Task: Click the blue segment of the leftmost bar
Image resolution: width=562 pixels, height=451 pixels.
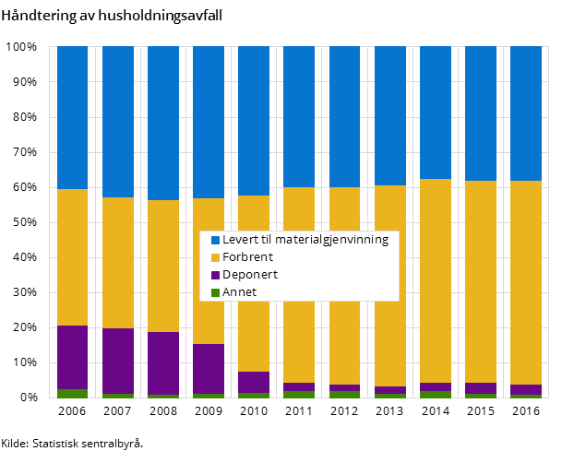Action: pyautogui.click(x=72, y=117)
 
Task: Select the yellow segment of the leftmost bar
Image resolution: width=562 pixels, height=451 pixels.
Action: pyautogui.click(x=72, y=256)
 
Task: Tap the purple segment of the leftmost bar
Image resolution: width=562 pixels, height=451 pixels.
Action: pyautogui.click(x=72, y=357)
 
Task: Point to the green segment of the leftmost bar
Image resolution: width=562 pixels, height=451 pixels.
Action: pyautogui.click(x=72, y=393)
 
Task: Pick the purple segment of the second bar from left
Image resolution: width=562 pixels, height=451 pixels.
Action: pyautogui.click(x=117, y=361)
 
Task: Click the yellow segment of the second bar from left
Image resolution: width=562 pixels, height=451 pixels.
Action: pyautogui.click(x=117, y=263)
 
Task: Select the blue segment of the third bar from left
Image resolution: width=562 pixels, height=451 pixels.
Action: pyautogui.click(x=162, y=123)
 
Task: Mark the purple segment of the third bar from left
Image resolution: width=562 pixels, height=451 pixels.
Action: pyautogui.click(x=162, y=362)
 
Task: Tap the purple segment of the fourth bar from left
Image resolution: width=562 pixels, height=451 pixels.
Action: pyautogui.click(x=208, y=368)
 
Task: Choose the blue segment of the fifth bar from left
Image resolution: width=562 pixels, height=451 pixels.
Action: pyautogui.click(x=253, y=120)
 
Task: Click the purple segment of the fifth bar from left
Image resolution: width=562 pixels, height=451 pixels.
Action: pyautogui.click(x=253, y=382)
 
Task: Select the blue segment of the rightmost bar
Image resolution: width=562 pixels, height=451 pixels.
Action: pyautogui.click(x=525, y=113)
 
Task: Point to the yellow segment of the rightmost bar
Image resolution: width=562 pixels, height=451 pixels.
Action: pyautogui.click(x=525, y=282)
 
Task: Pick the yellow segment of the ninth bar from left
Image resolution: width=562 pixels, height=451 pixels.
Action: pyautogui.click(x=435, y=280)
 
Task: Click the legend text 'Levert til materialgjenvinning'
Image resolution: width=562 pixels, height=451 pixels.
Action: pyautogui.click(x=305, y=240)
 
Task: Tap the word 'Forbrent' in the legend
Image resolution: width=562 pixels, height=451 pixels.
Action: pyautogui.click(x=247, y=257)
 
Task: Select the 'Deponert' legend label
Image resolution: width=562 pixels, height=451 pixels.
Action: pyautogui.click(x=249, y=275)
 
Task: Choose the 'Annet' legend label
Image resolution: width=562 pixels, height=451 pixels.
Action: pyautogui.click(x=240, y=292)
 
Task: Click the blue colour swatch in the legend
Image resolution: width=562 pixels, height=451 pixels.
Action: pyautogui.click(x=215, y=240)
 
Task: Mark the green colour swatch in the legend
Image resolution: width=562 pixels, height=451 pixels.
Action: pyautogui.click(x=215, y=292)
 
